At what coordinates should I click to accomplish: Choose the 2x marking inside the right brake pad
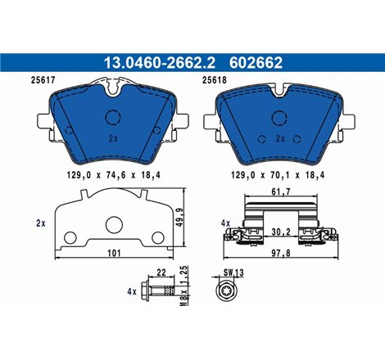279,138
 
